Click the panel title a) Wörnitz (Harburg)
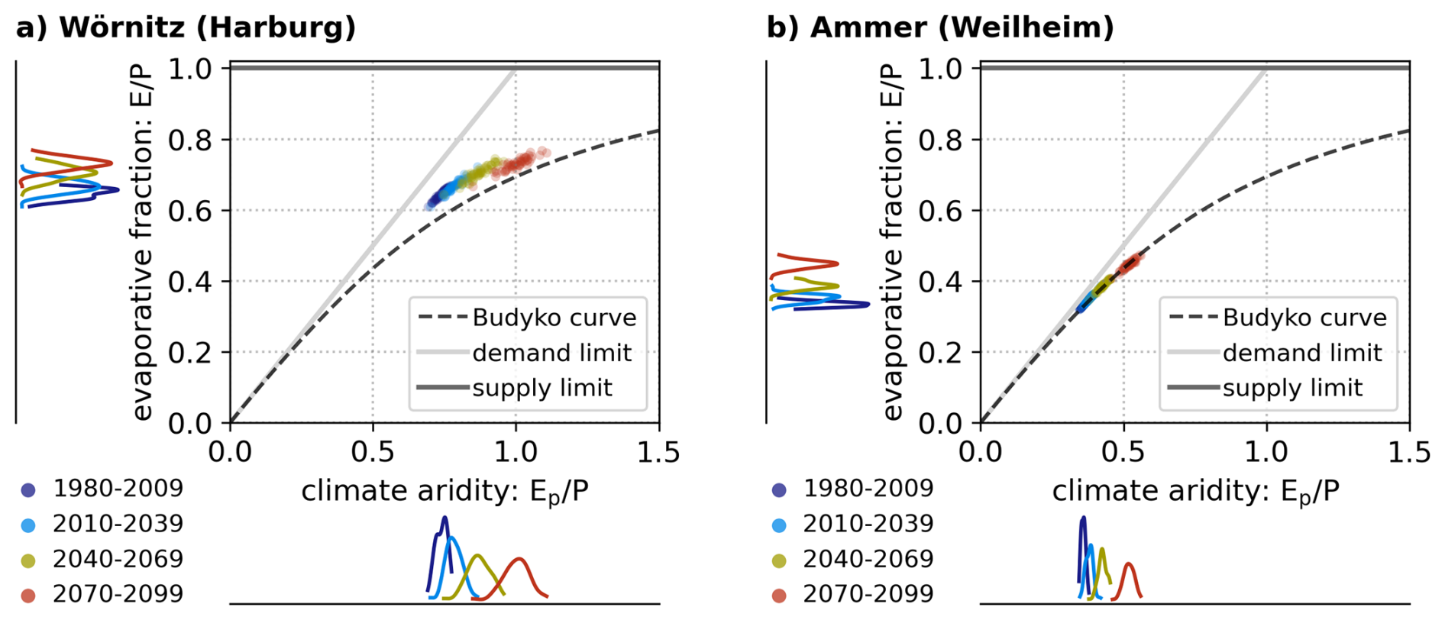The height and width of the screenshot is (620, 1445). point(186,27)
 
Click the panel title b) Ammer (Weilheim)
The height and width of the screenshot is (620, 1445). point(939,27)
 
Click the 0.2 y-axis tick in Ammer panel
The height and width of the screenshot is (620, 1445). point(939,353)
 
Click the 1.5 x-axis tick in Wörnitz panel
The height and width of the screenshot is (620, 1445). point(658,453)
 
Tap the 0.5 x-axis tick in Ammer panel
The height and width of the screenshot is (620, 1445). point(1123,453)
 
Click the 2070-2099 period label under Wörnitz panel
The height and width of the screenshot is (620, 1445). point(118,594)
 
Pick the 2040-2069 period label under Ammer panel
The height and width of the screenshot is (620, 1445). point(868,559)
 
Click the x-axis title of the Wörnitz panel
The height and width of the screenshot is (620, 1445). point(444,492)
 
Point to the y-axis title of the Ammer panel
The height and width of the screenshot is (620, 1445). point(892,243)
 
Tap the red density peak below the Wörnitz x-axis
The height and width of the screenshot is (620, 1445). point(520,560)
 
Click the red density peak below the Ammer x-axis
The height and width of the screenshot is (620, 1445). point(1129,565)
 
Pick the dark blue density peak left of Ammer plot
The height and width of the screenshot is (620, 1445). point(866,305)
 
